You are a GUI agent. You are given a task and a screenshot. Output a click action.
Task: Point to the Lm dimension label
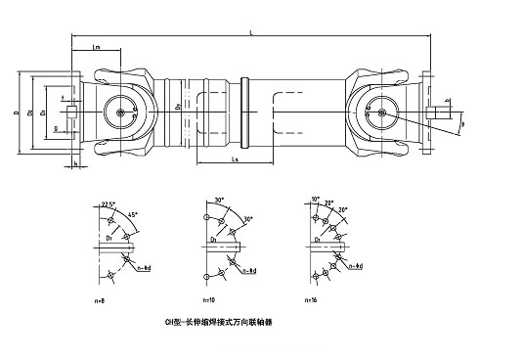tap(95, 48)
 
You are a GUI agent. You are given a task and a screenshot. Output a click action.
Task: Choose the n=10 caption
tap(209, 296)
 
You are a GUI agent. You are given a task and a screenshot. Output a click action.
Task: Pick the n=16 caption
tap(311, 296)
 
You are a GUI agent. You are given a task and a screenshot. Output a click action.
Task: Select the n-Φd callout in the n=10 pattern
tap(247, 271)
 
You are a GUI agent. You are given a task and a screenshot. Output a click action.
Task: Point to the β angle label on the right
tap(463, 126)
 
